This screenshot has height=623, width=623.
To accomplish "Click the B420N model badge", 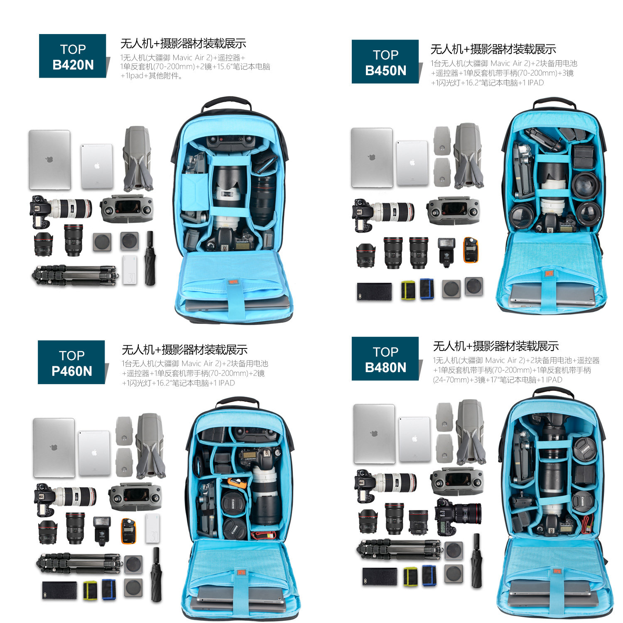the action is tap(73, 56).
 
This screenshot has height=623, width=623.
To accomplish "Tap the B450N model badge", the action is tap(385, 62).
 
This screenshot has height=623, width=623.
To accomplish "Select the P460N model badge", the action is tap(71, 362).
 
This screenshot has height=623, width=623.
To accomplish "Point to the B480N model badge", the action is tap(385, 359).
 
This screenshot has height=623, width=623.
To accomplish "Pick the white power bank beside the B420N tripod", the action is tap(130, 270).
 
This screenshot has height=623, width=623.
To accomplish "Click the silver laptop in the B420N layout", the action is tap(49, 159).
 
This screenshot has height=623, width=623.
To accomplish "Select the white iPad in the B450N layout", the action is tap(412, 163).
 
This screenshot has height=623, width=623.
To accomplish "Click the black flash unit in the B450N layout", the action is tap(446, 251).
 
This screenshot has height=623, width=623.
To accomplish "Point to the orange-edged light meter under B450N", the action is tap(471, 250).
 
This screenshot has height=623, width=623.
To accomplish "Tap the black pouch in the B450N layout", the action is tap(374, 292).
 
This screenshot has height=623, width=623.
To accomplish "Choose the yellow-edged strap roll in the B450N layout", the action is tap(408, 290).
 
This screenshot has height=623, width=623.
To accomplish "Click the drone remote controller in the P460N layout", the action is tap(135, 496).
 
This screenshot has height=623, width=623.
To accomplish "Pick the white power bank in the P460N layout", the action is tap(153, 528).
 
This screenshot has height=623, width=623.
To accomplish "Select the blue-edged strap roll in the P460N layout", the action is tap(109, 589).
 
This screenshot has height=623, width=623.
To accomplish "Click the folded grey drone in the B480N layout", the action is tap(470, 432).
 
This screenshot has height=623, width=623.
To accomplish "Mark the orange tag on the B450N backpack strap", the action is tap(549, 274).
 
